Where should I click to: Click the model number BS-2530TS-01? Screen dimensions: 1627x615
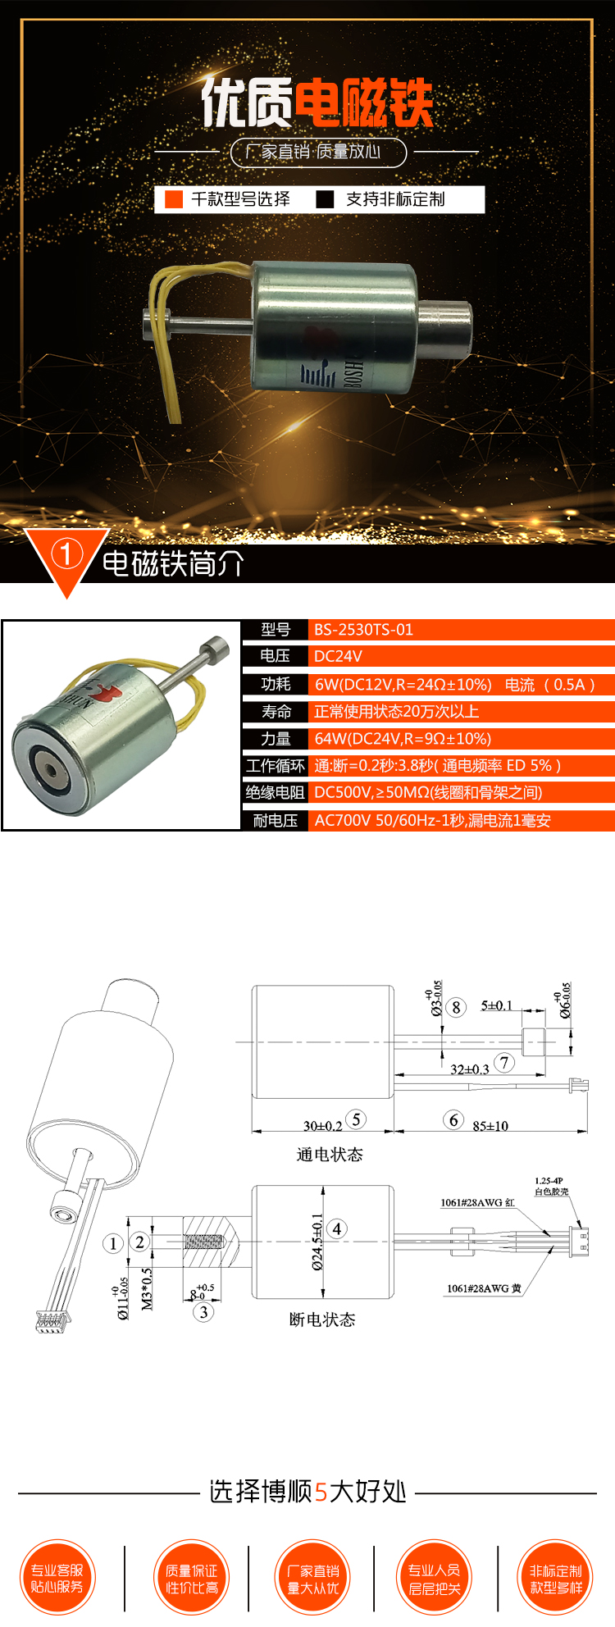[x=363, y=630]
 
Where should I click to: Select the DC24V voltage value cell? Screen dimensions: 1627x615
[x=338, y=656]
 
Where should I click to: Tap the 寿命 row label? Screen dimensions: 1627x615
[x=276, y=711]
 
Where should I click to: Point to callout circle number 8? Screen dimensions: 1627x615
[x=457, y=1007]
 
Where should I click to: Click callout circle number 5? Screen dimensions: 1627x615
[x=356, y=1119]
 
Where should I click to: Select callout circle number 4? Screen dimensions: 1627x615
[x=337, y=1228]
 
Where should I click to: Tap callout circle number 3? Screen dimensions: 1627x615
[x=203, y=1312]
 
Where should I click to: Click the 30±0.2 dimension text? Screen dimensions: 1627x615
[x=322, y=1126]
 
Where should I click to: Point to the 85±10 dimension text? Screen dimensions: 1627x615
[x=490, y=1126]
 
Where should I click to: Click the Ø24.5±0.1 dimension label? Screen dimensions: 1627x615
[x=317, y=1242]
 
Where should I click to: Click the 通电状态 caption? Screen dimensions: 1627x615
[x=329, y=1155]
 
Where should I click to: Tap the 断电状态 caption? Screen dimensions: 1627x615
[x=322, y=1319]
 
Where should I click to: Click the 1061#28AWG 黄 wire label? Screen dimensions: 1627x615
[x=484, y=1288]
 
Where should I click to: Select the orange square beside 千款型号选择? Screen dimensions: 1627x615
[x=174, y=199]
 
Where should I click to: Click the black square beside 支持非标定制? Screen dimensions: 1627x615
[x=326, y=199]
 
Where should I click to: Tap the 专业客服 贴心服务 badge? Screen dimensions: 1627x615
[x=57, y=1578]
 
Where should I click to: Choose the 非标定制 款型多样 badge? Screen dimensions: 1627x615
[x=555, y=1578]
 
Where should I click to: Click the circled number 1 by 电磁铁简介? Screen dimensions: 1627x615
[x=66, y=554]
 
